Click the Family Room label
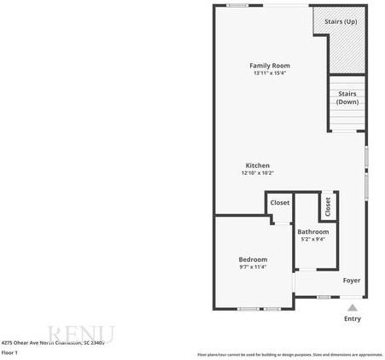coord(270,66)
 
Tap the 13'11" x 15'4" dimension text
coord(270,73)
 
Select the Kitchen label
coord(257,165)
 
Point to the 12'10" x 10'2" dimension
coord(257,173)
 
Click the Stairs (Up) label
coord(341,21)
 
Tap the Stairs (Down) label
coord(347,97)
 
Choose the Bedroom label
coord(253,259)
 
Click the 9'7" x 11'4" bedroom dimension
coord(253,267)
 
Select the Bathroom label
coord(312,232)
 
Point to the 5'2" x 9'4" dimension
coord(312,239)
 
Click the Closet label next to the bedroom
coord(280,203)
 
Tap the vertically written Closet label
coord(327,206)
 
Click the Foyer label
coord(352,280)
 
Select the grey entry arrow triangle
coord(352,307)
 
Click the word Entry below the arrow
coord(352,319)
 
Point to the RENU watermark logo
coord(81,334)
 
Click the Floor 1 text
coord(10,352)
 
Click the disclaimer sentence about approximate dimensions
coord(290,354)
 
